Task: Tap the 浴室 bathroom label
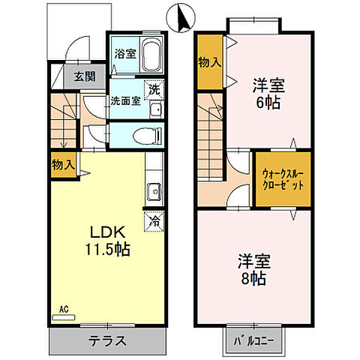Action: click(124, 54)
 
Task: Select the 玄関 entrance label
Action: click(84, 76)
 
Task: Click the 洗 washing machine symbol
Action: click(154, 89)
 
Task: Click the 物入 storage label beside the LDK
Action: click(63, 164)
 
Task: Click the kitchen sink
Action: click(154, 190)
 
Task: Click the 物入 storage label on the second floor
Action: click(209, 62)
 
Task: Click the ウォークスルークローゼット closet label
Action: click(283, 180)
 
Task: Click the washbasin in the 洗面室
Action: click(155, 110)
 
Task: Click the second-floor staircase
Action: click(211, 135)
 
